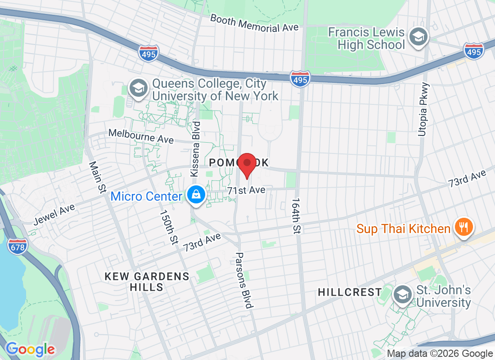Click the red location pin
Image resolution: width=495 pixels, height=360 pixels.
coord(247,165)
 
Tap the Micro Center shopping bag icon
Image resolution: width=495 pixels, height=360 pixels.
coord(197,195)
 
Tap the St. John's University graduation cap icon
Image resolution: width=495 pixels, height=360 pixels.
coord(401,295)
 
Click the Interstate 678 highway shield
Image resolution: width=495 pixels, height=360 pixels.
coord(17,245)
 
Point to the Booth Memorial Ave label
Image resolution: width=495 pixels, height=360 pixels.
coord(254,23)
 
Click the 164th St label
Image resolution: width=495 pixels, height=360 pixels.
coord(296,216)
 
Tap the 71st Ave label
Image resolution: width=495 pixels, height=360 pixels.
coord(246,190)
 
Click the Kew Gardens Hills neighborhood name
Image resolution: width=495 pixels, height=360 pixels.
coord(147,282)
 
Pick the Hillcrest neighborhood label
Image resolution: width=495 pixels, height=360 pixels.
coord(350,292)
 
